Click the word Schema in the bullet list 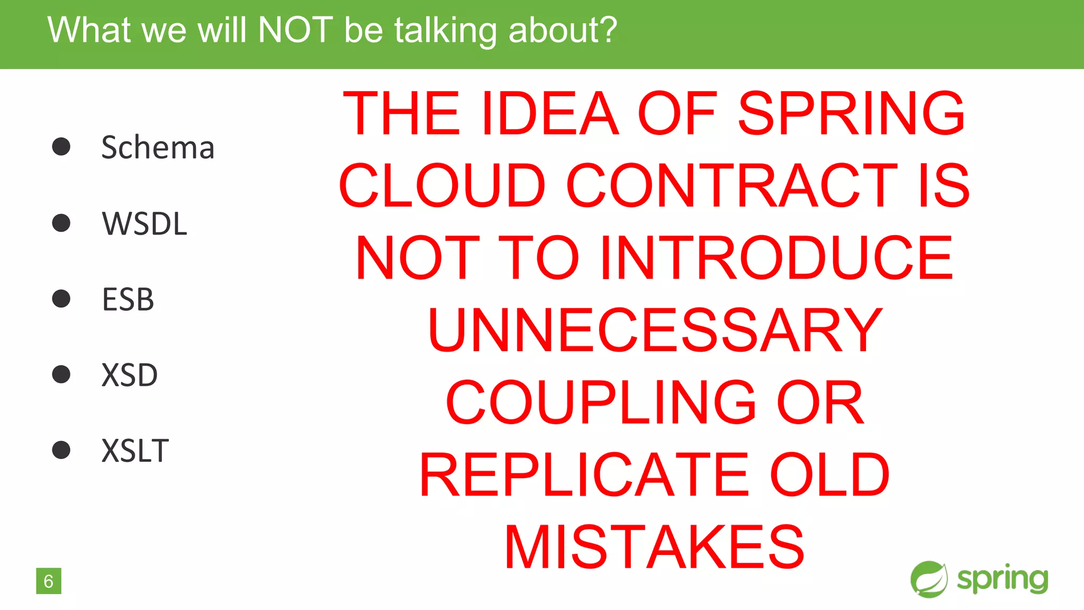pyautogui.click(x=158, y=147)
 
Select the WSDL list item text pyautogui.click(x=144, y=223)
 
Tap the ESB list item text pyautogui.click(x=128, y=299)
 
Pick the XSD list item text pyautogui.click(x=130, y=375)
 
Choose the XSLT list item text pyautogui.click(x=135, y=451)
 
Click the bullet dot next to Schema pyautogui.click(x=61, y=147)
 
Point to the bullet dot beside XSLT pyautogui.click(x=61, y=450)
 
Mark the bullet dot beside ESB pyautogui.click(x=61, y=299)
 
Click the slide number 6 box pyautogui.click(x=49, y=581)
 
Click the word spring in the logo pyautogui.click(x=1002, y=579)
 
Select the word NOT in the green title pyautogui.click(x=295, y=30)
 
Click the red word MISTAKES pyautogui.click(x=655, y=547)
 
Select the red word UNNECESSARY pyautogui.click(x=655, y=330)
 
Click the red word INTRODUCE pyautogui.click(x=777, y=258)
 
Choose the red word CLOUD pyautogui.click(x=442, y=185)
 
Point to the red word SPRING pyautogui.click(x=852, y=113)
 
